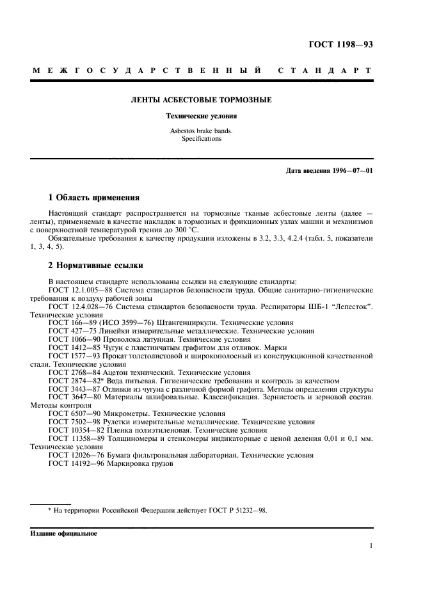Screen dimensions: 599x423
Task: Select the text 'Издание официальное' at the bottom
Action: click(63, 532)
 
